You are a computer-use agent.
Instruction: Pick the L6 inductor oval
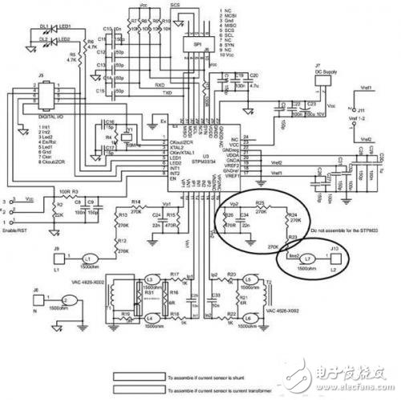point(249,319)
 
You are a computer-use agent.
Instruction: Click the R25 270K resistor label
point(260,202)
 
